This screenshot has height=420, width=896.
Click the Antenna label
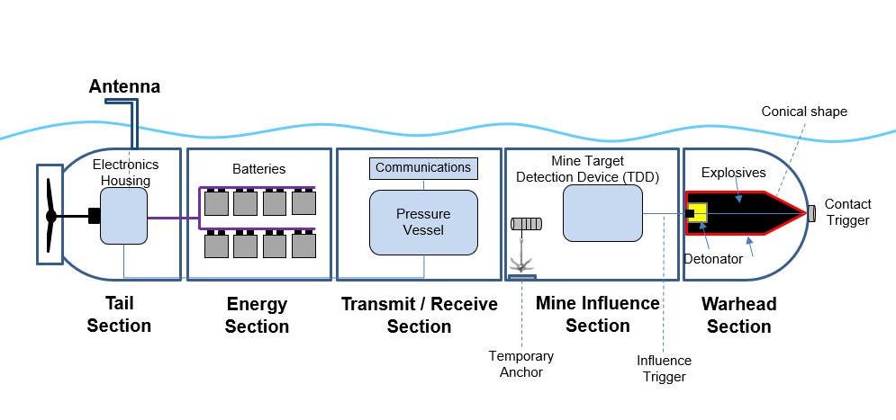(124, 87)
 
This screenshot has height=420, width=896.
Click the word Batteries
(258, 168)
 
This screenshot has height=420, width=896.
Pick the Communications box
(423, 168)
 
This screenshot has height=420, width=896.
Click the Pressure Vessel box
(423, 222)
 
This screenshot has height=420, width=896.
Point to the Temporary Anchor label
(521, 363)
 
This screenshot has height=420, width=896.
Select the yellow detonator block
(697, 213)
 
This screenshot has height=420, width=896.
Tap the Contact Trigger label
(847, 212)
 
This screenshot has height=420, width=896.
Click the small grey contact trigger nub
(811, 213)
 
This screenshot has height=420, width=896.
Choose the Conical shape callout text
(804, 112)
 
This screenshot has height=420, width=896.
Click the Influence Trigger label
(664, 368)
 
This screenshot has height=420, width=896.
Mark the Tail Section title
(119, 315)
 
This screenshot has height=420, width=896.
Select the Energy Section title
(257, 315)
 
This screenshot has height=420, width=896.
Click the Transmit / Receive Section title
(419, 315)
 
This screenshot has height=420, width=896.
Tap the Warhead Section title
(738, 315)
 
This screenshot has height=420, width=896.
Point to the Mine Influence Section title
(597, 315)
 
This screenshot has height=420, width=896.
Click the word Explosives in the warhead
(733, 172)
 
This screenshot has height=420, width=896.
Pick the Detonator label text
(712, 259)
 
